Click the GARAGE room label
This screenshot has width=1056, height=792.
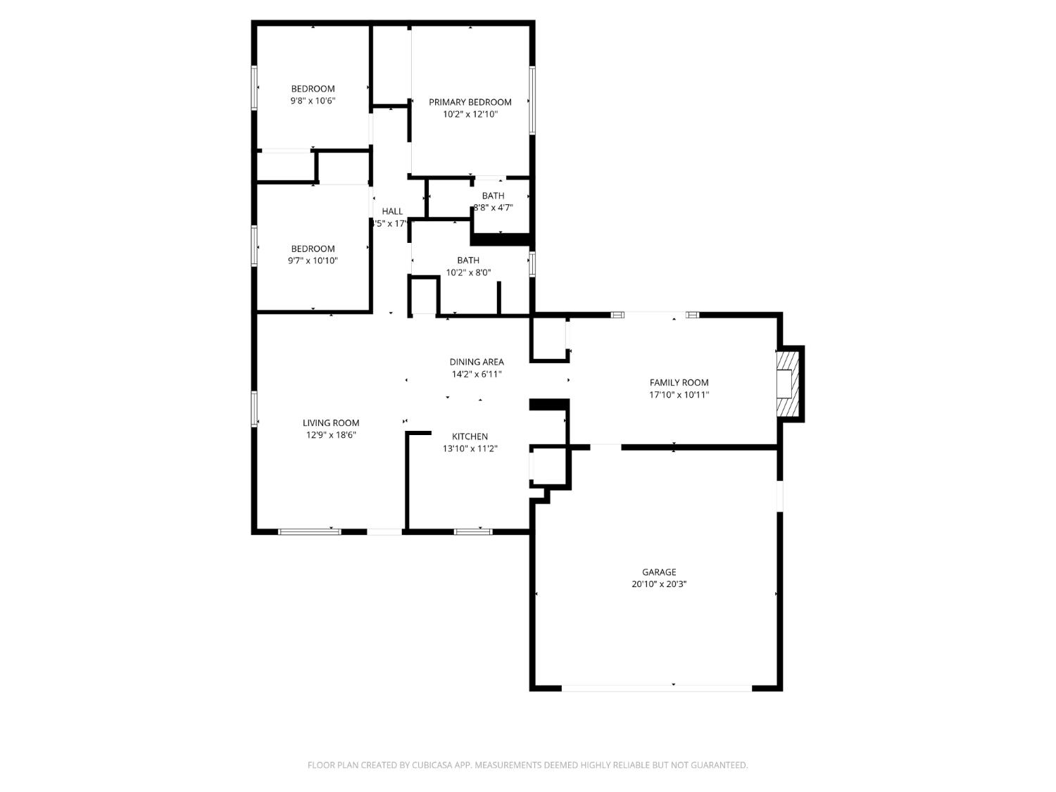(659, 572)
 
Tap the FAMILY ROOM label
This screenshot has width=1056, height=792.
(679, 382)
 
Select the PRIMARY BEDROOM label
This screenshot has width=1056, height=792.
(470, 102)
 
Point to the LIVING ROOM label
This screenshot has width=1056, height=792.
(331, 422)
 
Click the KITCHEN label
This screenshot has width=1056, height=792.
(470, 436)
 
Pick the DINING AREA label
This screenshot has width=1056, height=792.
(477, 362)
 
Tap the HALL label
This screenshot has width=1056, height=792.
(392, 211)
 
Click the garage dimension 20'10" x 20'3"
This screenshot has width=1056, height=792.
(659, 584)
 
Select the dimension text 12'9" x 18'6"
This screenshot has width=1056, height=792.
(331, 434)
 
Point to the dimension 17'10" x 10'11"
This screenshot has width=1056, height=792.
(679, 394)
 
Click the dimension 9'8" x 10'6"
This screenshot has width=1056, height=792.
(313, 100)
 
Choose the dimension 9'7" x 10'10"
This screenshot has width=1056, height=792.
(313, 260)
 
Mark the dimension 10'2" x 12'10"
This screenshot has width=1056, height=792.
(470, 113)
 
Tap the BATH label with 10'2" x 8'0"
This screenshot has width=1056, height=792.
(468, 260)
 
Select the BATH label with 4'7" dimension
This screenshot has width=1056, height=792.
(493, 196)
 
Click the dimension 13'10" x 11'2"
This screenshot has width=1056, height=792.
(470, 448)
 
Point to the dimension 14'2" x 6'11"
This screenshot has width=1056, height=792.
(477, 374)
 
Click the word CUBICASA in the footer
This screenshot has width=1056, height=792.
(432, 765)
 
